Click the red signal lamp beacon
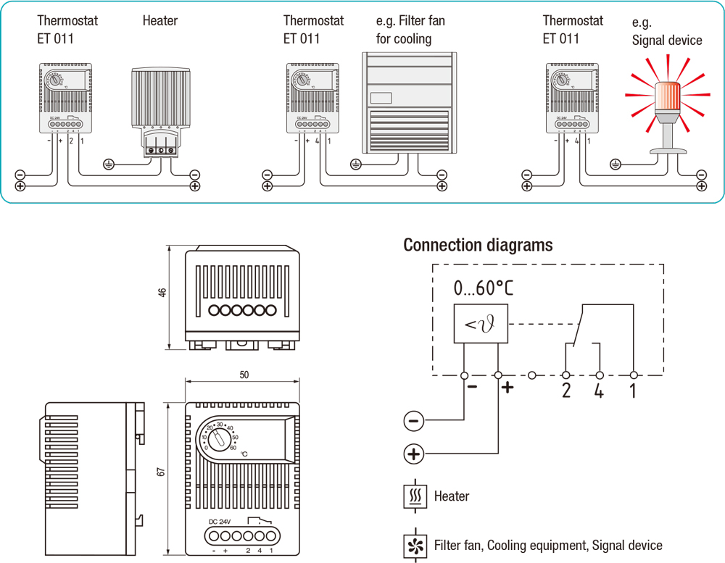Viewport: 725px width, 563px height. [668, 101]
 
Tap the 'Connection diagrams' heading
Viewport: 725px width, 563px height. [478, 245]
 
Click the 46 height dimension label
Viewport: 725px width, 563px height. [163, 292]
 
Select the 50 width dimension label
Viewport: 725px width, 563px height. [243, 375]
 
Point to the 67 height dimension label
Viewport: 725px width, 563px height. [162, 471]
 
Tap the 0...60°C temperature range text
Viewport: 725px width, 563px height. [483, 288]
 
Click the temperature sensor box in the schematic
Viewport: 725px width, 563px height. [481, 324]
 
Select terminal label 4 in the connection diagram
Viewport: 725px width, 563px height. [599, 391]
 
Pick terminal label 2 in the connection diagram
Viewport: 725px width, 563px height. [565, 391]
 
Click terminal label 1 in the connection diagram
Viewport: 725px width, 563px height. [633, 391]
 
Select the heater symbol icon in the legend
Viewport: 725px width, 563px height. [415, 496]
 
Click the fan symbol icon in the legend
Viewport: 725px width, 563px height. [415, 546]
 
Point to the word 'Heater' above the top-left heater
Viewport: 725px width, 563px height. [159, 20]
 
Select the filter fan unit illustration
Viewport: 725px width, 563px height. [408, 102]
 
